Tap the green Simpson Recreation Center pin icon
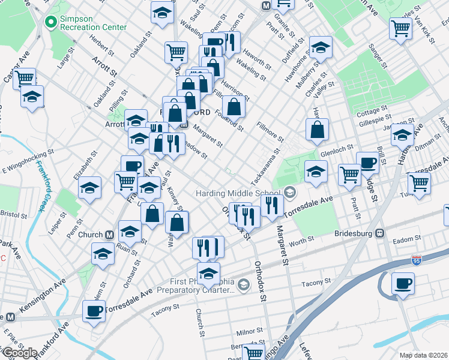[x=50, y=23]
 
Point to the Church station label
[x=91, y=235]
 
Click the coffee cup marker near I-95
[x=403, y=283]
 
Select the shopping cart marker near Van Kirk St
[x=400, y=28]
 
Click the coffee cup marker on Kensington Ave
[x=94, y=311]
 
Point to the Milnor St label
[x=246, y=332]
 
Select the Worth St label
[x=301, y=241]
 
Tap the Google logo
[x=19, y=353]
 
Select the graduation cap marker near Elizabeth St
[x=89, y=188]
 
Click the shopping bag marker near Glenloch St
[x=317, y=129]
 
